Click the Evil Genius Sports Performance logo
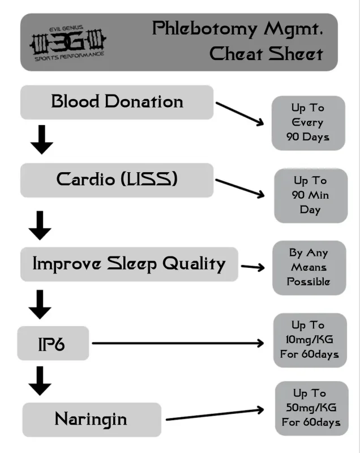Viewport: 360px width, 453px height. click(68, 44)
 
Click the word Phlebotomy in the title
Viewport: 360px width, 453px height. click(205, 29)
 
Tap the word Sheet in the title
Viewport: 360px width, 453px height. click(295, 54)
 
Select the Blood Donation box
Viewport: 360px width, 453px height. click(117, 102)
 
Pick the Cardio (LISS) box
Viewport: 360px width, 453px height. click(117, 180)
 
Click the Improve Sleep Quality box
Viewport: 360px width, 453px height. click(129, 264)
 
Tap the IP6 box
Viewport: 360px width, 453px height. click(53, 343)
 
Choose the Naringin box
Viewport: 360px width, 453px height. click(92, 420)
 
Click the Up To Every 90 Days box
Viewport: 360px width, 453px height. click(308, 123)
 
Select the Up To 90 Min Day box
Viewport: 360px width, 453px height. click(311, 195)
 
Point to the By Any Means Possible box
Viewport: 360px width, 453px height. click(309, 268)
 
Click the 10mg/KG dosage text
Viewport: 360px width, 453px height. click(309, 339)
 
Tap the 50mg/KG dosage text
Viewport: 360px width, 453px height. click(311, 408)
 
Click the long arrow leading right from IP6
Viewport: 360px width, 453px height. click(178, 343)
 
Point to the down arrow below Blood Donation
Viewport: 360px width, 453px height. click(42, 139)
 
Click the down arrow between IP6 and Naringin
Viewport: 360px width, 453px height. click(40, 381)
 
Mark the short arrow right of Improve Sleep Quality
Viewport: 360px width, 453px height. click(253, 267)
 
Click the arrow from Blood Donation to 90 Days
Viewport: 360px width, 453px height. click(239, 114)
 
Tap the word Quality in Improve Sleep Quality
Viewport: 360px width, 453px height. click(194, 264)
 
